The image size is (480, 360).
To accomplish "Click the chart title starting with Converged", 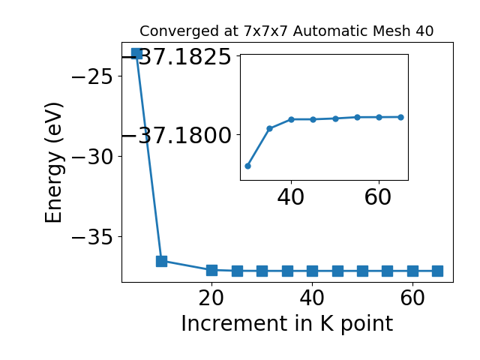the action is point(286,31).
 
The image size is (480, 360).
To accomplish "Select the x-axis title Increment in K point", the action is point(286,324).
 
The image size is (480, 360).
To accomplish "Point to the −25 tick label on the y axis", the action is point(92,76).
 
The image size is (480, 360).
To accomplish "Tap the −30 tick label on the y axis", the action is point(92,157).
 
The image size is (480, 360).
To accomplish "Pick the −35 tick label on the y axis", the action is point(92,237).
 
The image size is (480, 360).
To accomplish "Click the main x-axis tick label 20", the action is point(211,298).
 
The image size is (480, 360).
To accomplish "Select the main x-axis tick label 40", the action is point(312,298).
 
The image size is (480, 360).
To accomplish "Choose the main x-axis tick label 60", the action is point(412,298).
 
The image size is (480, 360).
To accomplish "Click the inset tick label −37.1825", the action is point(176,57).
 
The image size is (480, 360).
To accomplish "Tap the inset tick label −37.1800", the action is point(176,135).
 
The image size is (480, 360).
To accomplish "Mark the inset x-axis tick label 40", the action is point(291,197).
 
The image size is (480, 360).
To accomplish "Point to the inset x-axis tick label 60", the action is point(378,197).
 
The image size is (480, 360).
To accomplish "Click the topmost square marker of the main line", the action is point(136,53).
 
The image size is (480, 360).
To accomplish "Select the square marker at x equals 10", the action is point(162,262).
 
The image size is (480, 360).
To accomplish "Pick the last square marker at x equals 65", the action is point(438,271).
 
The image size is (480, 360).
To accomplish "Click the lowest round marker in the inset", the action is point(248,166).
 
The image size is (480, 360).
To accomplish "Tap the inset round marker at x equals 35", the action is point(270,128).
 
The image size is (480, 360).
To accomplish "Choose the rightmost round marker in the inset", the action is point(401,117).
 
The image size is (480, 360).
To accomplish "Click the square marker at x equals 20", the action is point(211,270).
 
